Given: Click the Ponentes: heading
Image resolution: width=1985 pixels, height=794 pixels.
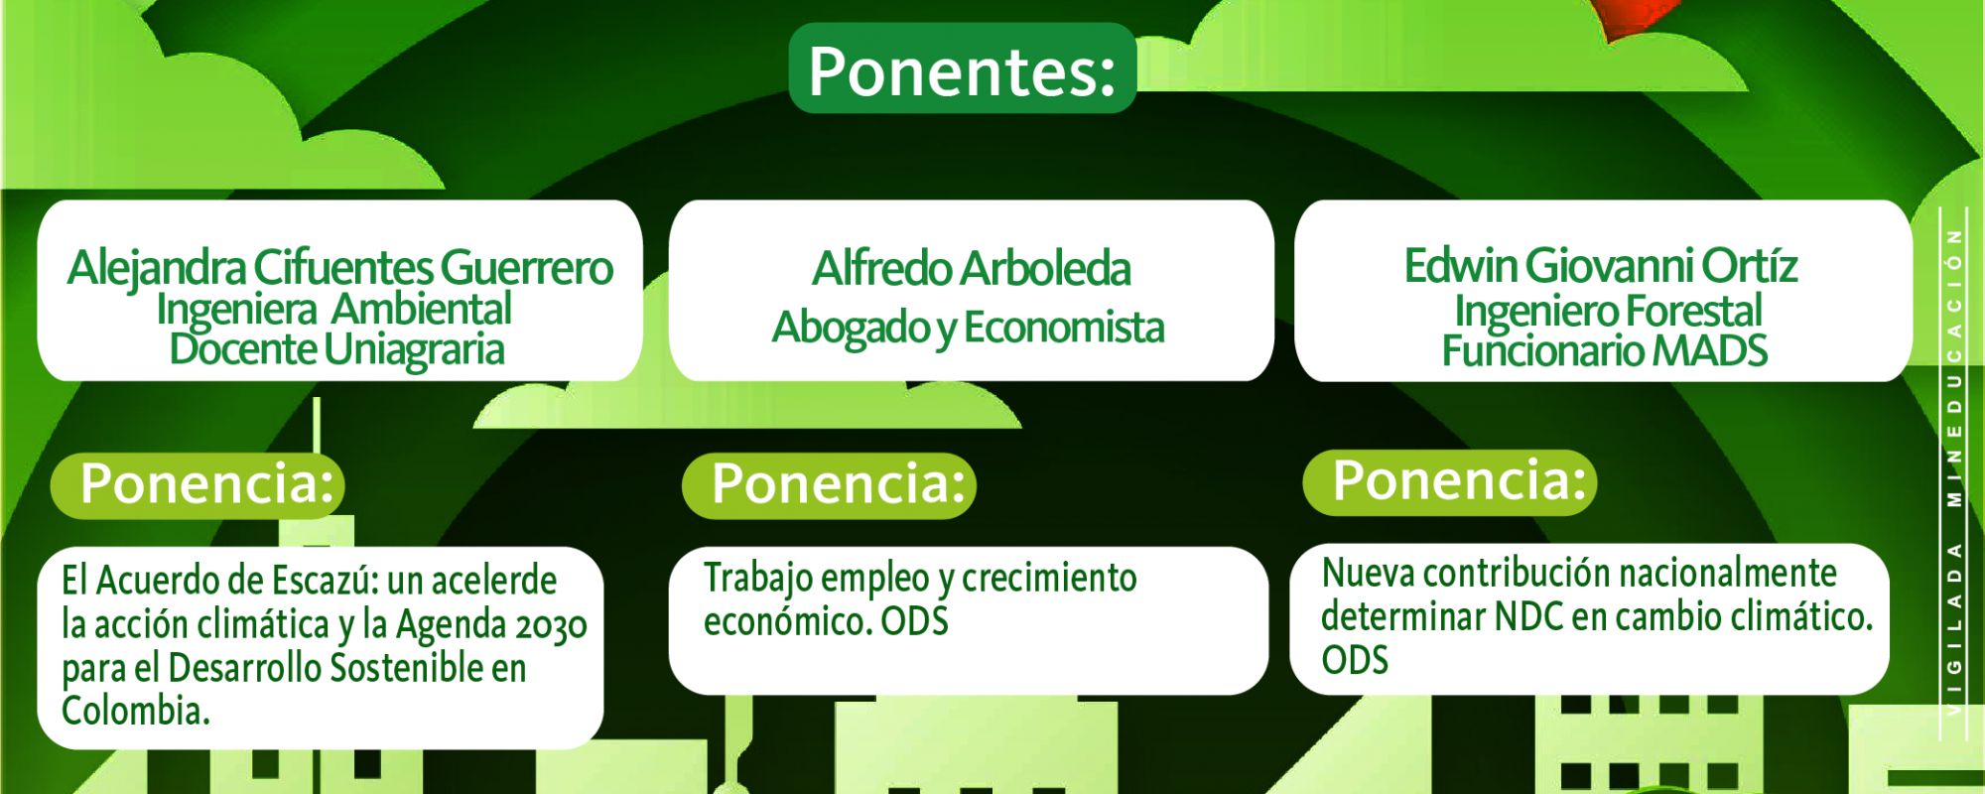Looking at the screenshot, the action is click(962, 70).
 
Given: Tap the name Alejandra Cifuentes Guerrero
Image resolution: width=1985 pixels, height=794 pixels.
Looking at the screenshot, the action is click(340, 267).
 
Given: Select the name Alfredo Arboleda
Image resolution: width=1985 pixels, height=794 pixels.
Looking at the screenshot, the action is click(972, 268).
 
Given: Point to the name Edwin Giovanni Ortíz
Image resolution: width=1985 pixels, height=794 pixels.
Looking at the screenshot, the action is click(1601, 265).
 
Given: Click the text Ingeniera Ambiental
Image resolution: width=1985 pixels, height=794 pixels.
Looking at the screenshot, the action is click(334, 309).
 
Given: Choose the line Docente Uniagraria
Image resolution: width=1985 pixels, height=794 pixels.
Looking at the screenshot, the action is click(337, 349).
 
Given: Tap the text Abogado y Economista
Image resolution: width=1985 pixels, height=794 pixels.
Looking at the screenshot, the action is click(969, 328).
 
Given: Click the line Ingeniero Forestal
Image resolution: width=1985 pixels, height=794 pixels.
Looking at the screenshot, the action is click(1608, 311).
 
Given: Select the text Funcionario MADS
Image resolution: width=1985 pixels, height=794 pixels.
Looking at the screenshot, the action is click(1605, 350).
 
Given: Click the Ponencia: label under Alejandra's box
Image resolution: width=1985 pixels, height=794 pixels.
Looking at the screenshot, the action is click(207, 483).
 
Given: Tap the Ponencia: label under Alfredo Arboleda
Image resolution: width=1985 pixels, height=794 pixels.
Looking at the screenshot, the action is click(839, 483).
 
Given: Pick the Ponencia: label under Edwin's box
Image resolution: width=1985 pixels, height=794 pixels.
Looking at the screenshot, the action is click(1460, 480).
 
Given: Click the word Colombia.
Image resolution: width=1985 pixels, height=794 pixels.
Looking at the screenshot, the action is click(136, 711).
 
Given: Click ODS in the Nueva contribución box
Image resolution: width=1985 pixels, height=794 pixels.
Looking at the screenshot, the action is click(1355, 660).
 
